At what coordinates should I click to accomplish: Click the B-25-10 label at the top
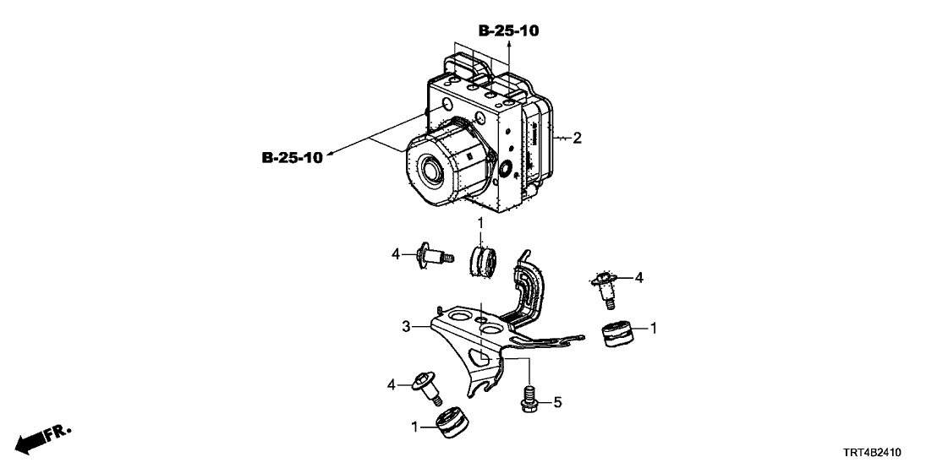[508, 31]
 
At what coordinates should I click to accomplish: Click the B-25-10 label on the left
[293, 158]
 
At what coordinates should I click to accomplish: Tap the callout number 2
[577, 138]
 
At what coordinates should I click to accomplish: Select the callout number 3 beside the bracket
[406, 326]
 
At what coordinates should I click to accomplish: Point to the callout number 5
[556, 403]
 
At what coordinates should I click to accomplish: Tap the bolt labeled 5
[528, 397]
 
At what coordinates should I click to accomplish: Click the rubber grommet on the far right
[622, 334]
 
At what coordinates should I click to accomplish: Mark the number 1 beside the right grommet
[654, 327]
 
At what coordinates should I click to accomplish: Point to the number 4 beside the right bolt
[639, 277]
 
